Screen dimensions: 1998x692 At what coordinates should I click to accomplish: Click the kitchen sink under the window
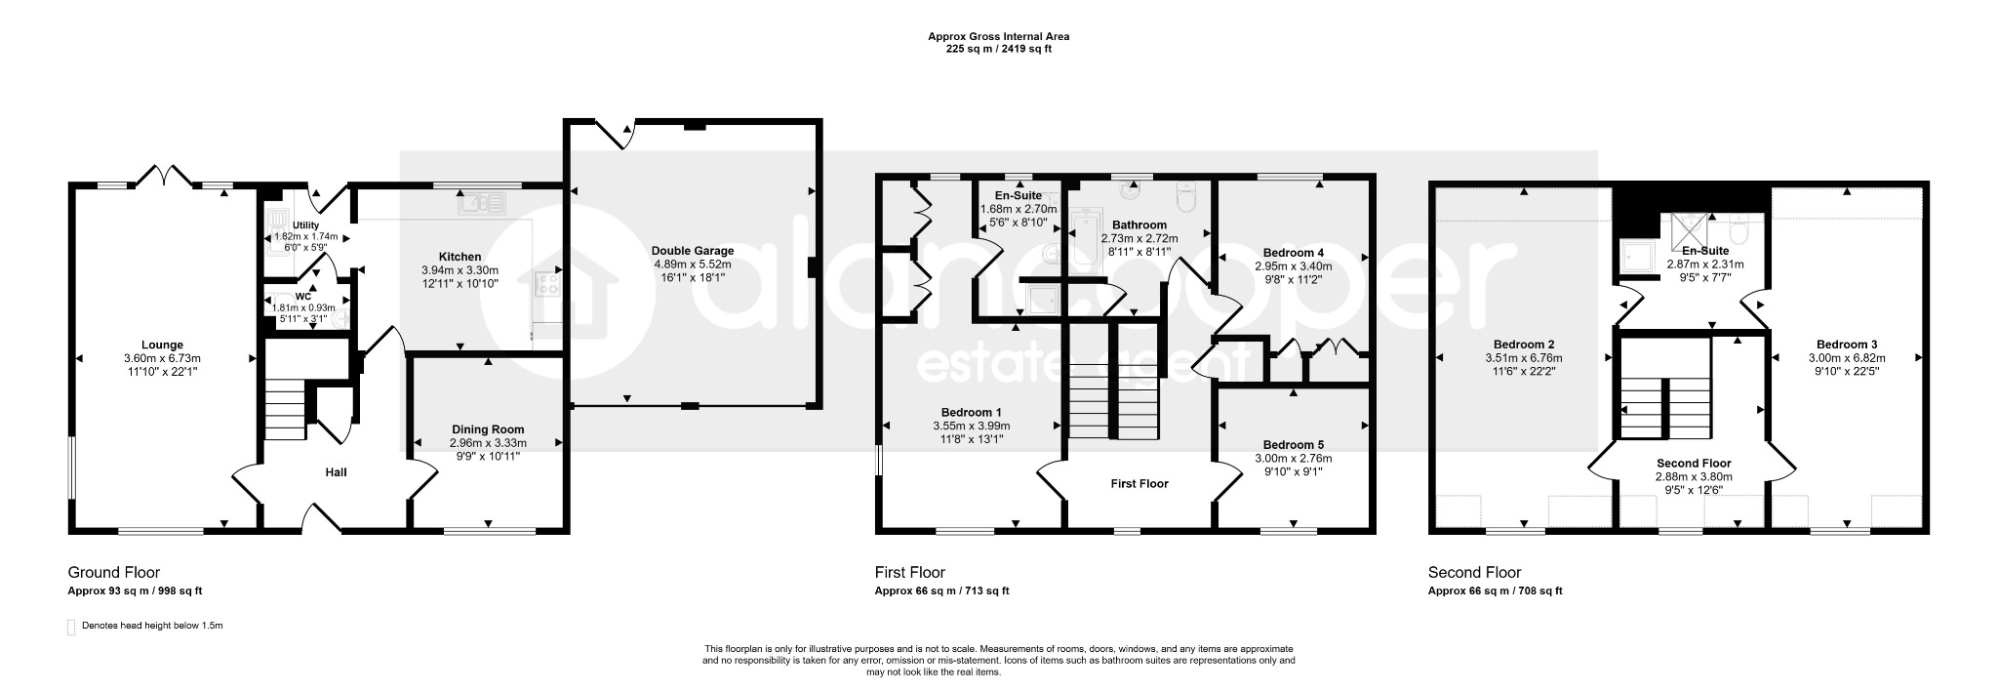485,203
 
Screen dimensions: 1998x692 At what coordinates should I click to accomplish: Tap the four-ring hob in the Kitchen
548,285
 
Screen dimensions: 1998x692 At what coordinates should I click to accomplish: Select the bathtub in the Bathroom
1085,242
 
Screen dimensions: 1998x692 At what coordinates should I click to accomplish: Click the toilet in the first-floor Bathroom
1186,197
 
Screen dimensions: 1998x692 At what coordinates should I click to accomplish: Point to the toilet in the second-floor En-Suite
1738,232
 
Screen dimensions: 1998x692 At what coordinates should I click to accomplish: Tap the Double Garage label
693,251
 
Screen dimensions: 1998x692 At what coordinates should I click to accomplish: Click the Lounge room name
163,345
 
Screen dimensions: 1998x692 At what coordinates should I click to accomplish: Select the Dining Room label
488,429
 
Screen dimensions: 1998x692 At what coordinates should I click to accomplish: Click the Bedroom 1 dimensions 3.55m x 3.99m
971,426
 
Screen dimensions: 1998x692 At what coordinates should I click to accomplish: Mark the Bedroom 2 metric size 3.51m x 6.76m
1524,357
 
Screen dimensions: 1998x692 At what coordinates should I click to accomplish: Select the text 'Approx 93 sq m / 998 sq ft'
135,591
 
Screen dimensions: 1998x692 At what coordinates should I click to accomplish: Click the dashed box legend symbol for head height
71,627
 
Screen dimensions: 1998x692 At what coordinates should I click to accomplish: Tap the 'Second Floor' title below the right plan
1474,573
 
